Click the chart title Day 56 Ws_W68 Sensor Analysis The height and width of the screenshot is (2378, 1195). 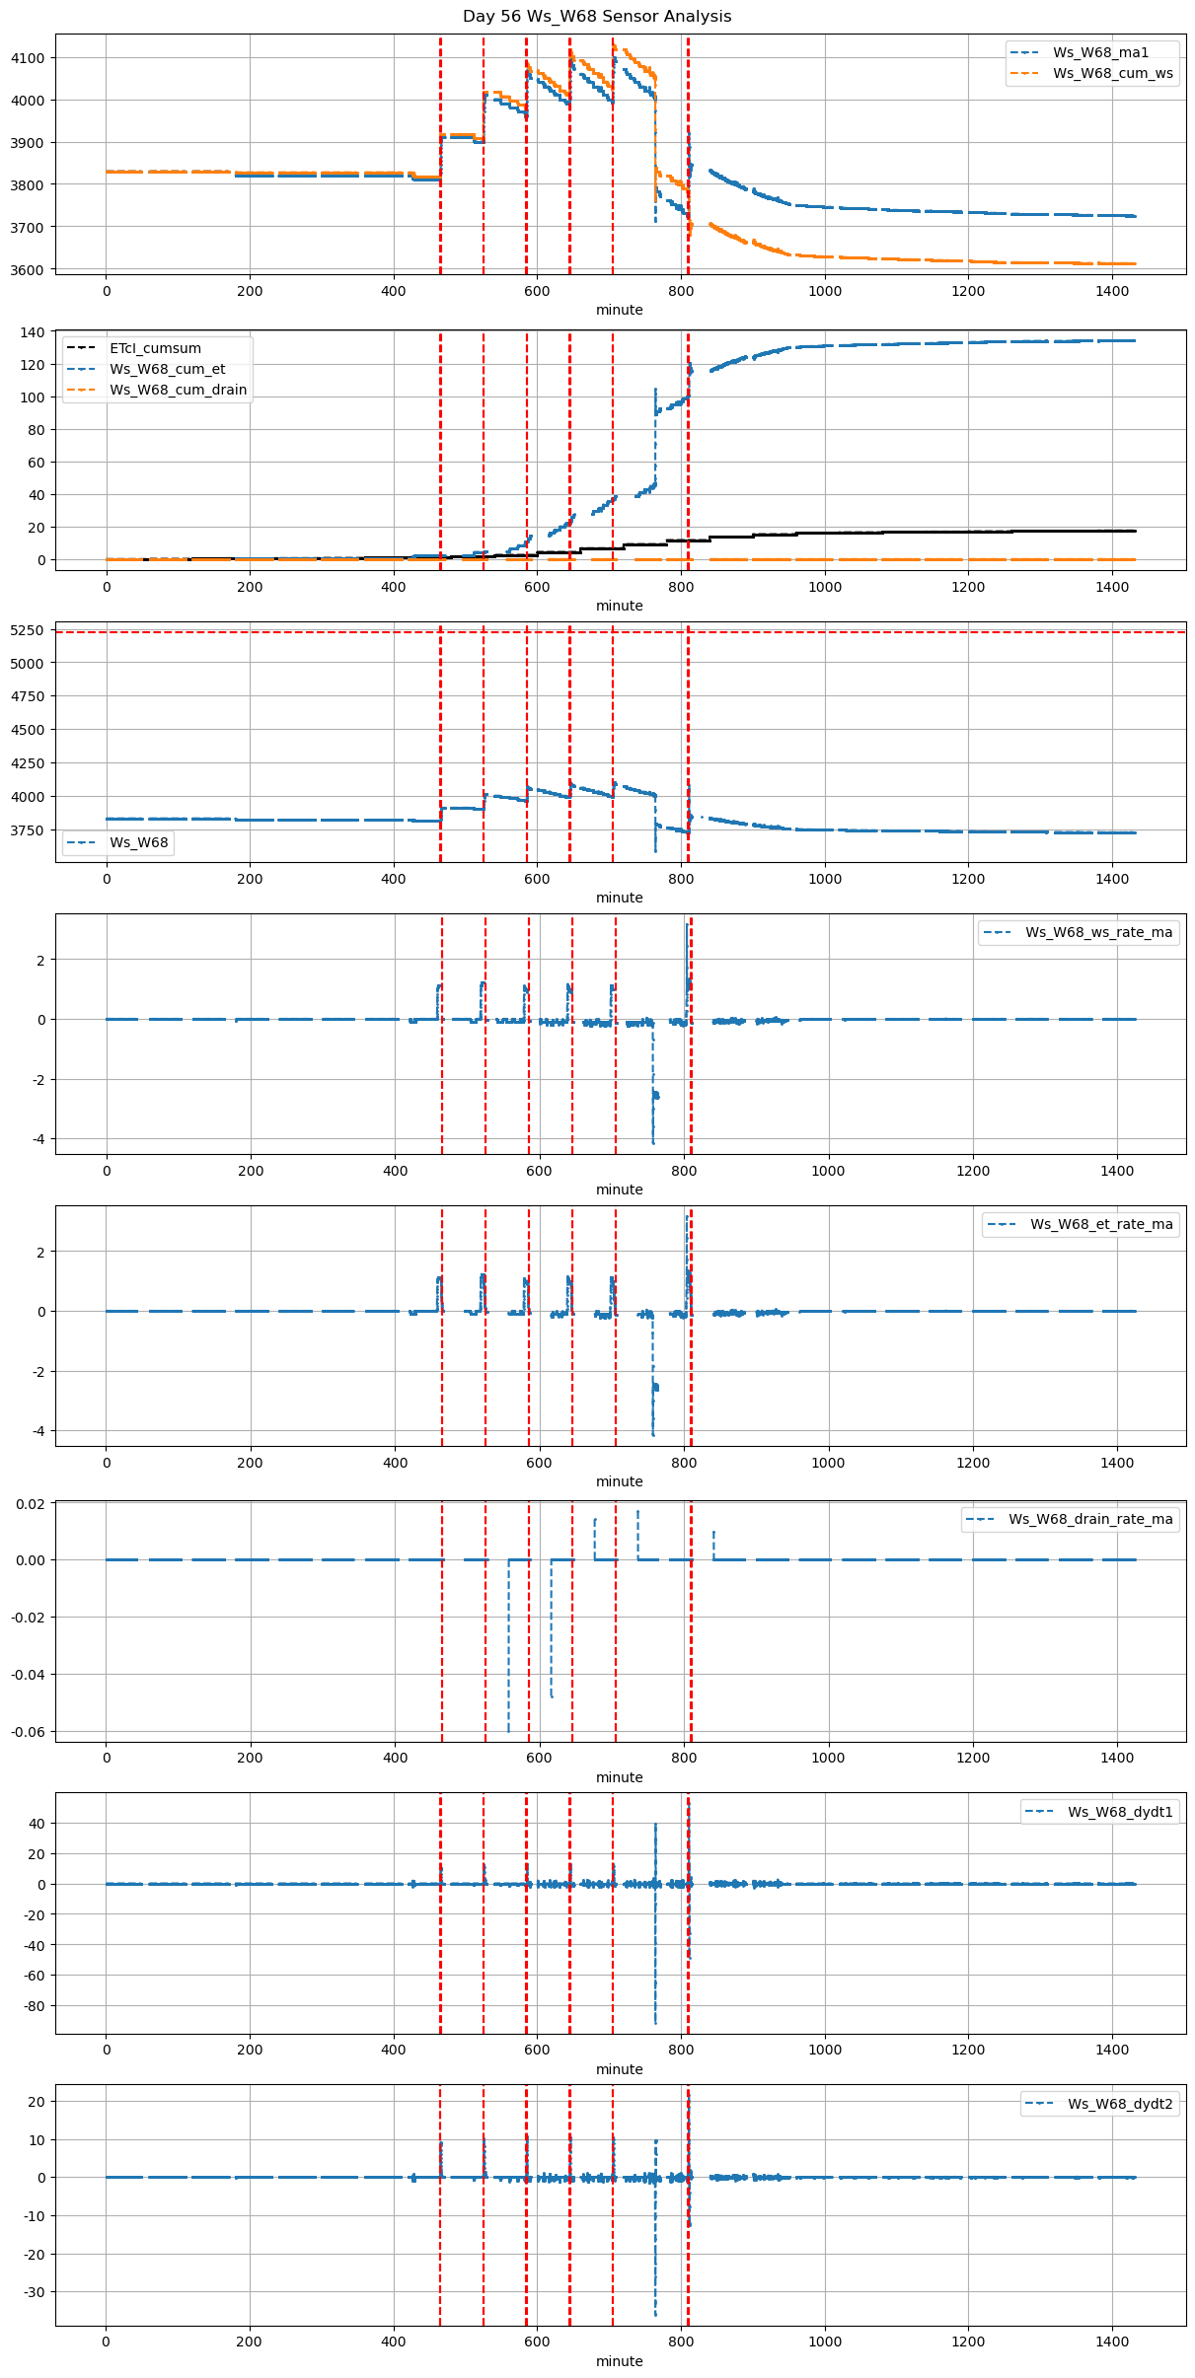(597, 17)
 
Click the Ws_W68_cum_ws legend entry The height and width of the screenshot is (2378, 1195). (1112, 73)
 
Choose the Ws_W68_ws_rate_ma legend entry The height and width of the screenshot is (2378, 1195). (1098, 932)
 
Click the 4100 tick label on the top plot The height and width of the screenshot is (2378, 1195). (28, 58)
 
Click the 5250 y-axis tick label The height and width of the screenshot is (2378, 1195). (28, 630)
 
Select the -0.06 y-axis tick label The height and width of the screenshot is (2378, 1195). (28, 1732)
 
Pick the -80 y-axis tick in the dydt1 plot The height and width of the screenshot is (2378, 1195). (35, 2006)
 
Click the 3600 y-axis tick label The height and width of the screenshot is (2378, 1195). (28, 270)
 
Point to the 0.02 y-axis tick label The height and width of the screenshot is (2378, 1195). (31, 1504)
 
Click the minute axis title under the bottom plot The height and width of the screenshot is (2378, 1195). (620, 2361)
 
